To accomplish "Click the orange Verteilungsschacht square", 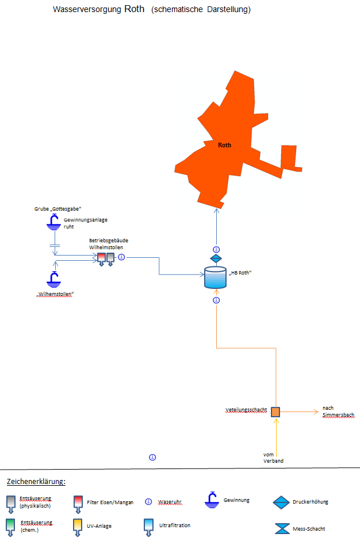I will [275, 412].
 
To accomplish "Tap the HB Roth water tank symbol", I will [216, 278].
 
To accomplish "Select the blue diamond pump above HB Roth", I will [216, 259].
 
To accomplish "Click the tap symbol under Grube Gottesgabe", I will [54, 222].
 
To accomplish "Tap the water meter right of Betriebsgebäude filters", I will [121, 257].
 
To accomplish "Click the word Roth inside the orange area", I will [225, 145].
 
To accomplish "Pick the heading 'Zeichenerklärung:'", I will [36, 481].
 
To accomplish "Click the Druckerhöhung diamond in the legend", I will [282, 502].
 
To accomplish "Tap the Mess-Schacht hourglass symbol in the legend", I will [282, 528].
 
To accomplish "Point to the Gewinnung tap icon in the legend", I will [212, 500].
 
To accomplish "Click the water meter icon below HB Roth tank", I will [216, 300].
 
